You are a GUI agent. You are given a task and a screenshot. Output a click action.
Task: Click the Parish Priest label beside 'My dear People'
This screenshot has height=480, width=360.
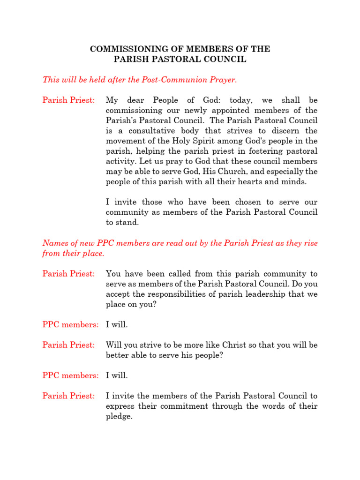point(69,100)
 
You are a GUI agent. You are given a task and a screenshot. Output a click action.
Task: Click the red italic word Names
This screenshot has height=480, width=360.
point(54,243)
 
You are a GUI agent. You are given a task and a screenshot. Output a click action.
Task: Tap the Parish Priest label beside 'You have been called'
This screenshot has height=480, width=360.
point(69,274)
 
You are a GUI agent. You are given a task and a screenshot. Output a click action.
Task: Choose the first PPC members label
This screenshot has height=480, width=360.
point(71,324)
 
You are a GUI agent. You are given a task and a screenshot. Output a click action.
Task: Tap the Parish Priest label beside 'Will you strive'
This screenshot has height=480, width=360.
point(69,345)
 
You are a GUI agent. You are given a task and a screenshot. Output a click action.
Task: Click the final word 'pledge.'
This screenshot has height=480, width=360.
point(120,416)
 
